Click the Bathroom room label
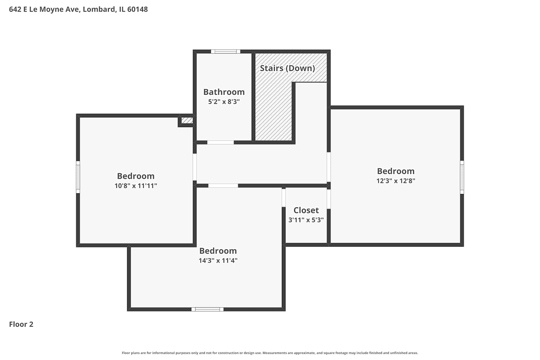pos(224,92)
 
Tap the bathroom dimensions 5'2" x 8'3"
pos(224,102)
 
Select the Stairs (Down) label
pos(287,68)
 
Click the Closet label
pos(306,210)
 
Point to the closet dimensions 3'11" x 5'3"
pos(306,220)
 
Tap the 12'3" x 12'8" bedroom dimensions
pos(396,181)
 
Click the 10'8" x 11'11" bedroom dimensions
pos(136,186)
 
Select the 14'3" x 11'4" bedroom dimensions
pos(218,260)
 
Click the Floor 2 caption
pos(21,324)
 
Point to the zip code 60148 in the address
pos(138,9)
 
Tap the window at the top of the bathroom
pos(225,51)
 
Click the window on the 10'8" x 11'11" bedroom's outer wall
pos(78,177)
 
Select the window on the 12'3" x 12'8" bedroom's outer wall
pos(462,177)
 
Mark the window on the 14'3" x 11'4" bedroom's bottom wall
pos(207,309)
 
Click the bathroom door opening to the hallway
pos(221,143)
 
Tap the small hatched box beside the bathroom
pos(187,120)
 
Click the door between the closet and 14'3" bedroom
pos(284,198)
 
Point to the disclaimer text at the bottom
pos(270,353)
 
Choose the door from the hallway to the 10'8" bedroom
pos(194,167)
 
